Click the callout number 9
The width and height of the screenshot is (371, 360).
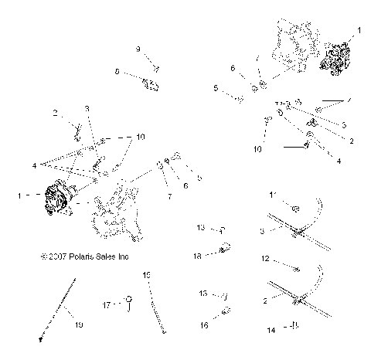pos(139,49)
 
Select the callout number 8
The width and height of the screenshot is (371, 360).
pos(117,71)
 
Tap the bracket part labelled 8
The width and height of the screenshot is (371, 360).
pos(151,83)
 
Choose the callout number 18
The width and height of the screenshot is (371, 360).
pos(199,254)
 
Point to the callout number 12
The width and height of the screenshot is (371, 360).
pos(267,259)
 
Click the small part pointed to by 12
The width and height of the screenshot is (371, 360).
pos(296,267)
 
